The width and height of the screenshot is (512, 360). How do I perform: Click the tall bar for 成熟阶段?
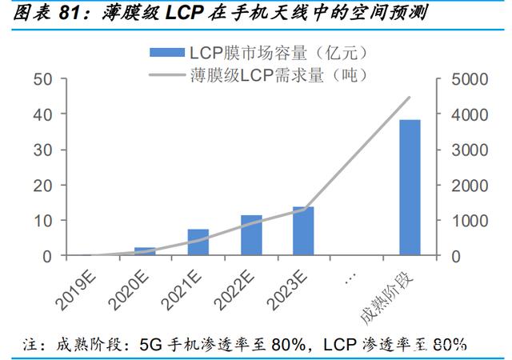[x=410, y=187]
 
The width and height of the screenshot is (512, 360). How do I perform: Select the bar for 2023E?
[x=303, y=231]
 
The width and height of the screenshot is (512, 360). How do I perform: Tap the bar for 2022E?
[x=251, y=235]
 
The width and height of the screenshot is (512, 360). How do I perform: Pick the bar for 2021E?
[x=198, y=242]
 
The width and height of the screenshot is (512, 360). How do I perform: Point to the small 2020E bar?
[x=145, y=251]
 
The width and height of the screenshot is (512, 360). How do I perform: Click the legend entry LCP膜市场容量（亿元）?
[x=257, y=53]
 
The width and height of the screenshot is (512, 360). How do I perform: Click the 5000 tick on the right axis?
[x=462, y=79]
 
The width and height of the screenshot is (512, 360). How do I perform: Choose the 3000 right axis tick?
[x=462, y=150]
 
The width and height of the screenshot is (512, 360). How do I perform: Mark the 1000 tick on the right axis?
[x=462, y=220]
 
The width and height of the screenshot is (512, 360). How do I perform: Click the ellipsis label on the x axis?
[x=349, y=276]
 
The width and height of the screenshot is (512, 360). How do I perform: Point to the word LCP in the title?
[x=190, y=14]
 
